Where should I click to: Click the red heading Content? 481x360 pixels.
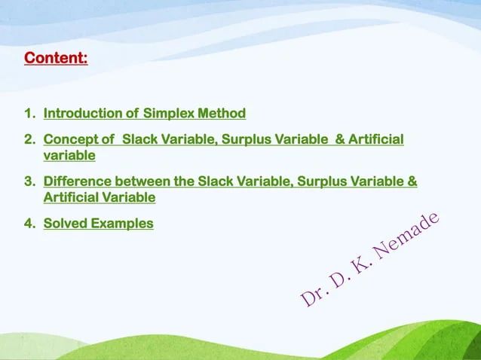(x=57, y=57)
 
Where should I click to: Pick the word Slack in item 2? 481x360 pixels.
(x=139, y=140)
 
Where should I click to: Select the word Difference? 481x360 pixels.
(x=75, y=182)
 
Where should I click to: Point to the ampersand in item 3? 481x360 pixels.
(x=412, y=182)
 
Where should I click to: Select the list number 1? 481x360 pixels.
(x=29, y=114)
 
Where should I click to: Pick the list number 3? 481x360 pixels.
(x=29, y=182)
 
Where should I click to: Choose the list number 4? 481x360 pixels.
(x=29, y=223)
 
